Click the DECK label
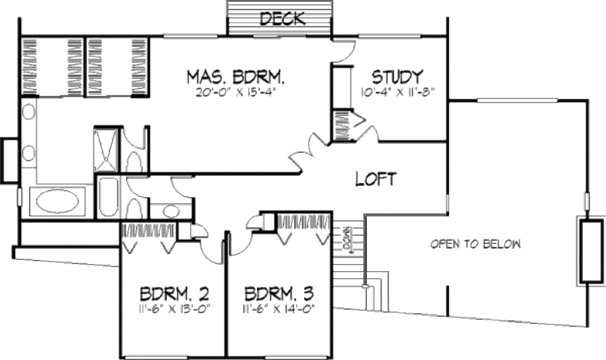[x=283, y=19]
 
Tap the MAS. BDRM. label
[x=237, y=78]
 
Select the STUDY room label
[x=397, y=77]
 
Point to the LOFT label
[x=375, y=179]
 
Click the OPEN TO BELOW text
[x=475, y=244]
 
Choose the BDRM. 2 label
[x=173, y=294]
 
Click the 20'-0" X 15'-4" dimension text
[x=237, y=92]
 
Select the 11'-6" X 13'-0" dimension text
[x=173, y=308]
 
